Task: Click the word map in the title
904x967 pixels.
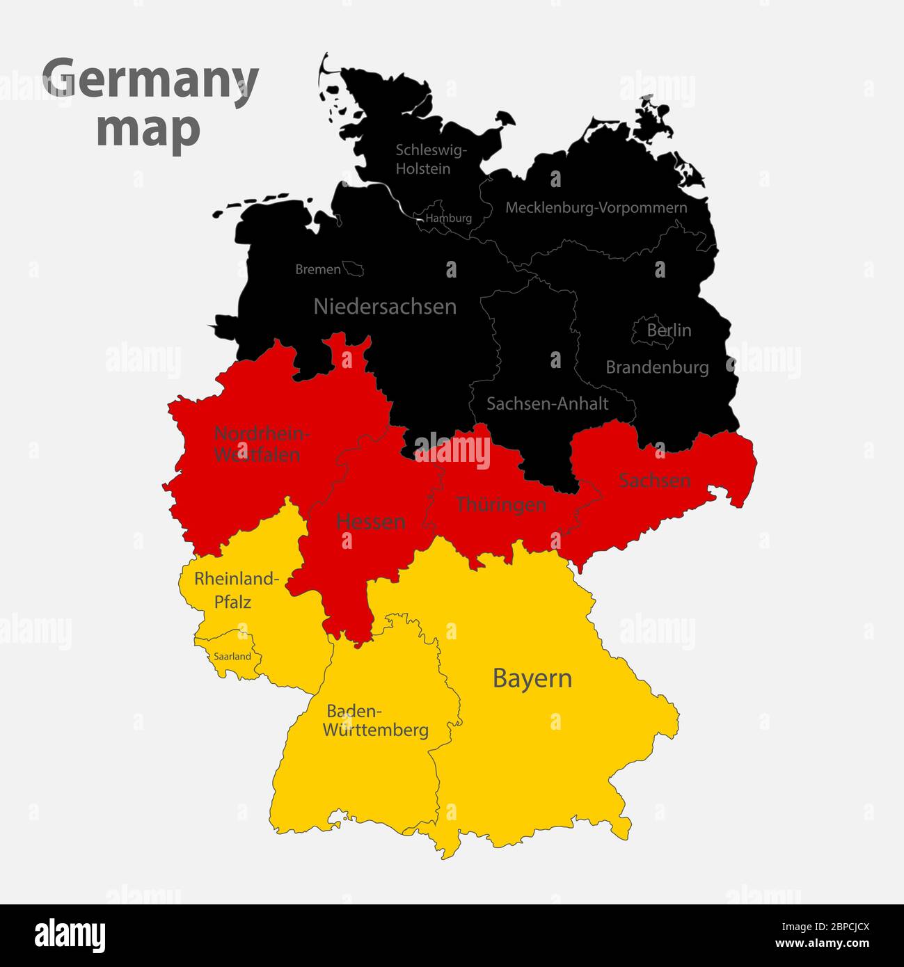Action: tap(149, 129)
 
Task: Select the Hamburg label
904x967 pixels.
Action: tap(449, 218)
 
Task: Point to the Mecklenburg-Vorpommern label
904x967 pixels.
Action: tap(596, 207)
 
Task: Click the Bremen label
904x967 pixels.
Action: tap(318, 269)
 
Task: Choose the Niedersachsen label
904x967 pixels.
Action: tap(385, 306)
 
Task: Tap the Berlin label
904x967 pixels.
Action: tap(669, 330)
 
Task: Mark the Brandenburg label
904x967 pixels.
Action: tap(657, 367)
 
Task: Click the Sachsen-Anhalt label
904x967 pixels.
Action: tap(547, 403)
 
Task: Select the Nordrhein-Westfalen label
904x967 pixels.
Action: tap(258, 444)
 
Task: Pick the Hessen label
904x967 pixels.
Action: tap(370, 522)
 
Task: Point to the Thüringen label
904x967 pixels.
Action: tap(500, 504)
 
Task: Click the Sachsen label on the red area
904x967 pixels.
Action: tap(654, 479)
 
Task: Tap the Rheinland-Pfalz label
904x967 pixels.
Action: tap(235, 590)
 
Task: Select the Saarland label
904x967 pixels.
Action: tap(232, 656)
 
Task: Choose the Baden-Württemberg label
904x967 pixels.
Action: tap(376, 721)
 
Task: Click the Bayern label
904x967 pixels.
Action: tap(532, 678)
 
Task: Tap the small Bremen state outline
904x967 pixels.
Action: tap(354, 269)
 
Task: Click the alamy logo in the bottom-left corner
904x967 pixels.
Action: tap(70, 935)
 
